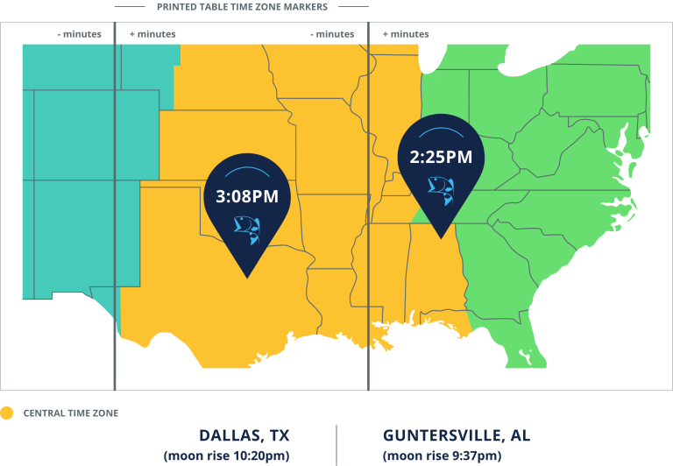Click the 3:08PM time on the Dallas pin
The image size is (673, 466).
(246, 197)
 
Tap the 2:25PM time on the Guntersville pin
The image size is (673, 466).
(441, 158)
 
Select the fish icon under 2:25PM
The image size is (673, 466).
(440, 187)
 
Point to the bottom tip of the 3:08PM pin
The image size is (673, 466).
(248, 277)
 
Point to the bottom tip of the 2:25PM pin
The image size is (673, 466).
(441, 237)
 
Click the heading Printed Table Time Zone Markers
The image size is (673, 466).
(242, 6)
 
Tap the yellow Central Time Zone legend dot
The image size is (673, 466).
(7, 413)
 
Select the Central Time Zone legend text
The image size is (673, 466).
(70, 413)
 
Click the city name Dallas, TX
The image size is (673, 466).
(244, 435)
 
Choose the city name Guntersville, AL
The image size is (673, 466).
(457, 435)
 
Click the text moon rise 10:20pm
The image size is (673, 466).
(226, 455)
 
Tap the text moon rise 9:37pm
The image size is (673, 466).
(442, 455)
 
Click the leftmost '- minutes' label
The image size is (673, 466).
(80, 34)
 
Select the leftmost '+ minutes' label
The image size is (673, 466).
(152, 34)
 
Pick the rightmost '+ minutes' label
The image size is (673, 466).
(406, 34)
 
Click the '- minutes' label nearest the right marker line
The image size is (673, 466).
(332, 34)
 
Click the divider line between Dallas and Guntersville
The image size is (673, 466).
(336, 445)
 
